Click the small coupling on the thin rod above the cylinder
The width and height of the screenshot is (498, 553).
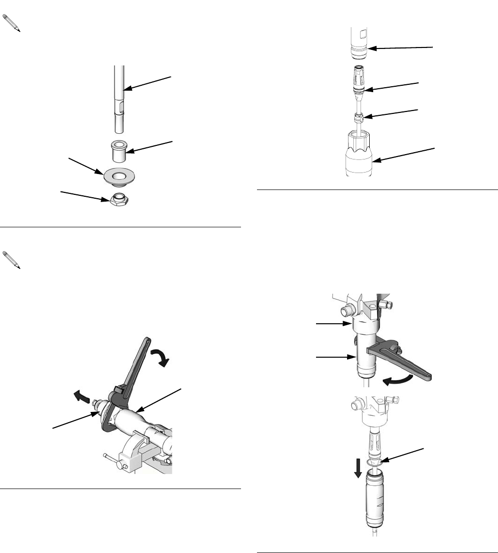coord(359,118)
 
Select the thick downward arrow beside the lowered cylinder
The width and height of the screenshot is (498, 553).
coord(358,469)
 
